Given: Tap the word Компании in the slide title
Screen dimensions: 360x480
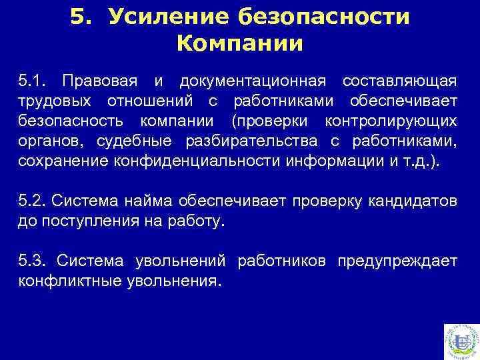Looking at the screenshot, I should (x=240, y=44).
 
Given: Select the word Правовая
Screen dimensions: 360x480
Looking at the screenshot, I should (x=99, y=81).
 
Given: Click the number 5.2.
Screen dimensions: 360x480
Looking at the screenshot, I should (x=32, y=201).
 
